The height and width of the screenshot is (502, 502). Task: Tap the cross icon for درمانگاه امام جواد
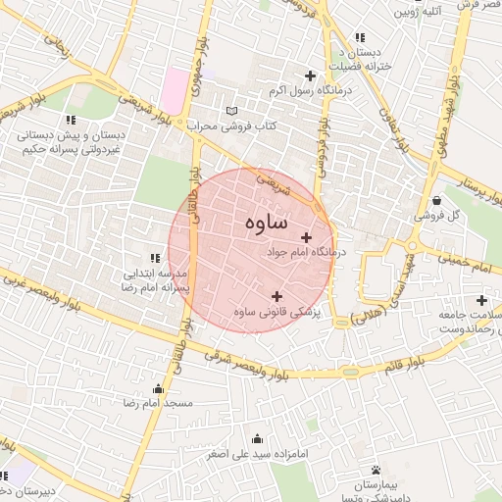(x=307, y=237)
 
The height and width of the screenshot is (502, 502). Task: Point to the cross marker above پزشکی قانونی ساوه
(x=276, y=296)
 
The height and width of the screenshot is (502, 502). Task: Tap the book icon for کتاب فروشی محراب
(x=231, y=111)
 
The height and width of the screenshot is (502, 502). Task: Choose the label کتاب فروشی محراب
(x=234, y=126)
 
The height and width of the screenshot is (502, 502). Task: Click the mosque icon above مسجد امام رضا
(x=159, y=389)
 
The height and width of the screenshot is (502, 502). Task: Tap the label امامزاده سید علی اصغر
(x=260, y=455)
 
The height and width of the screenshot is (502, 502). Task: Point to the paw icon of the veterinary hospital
(x=376, y=471)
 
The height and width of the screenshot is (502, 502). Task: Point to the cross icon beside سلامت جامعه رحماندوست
(x=481, y=300)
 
